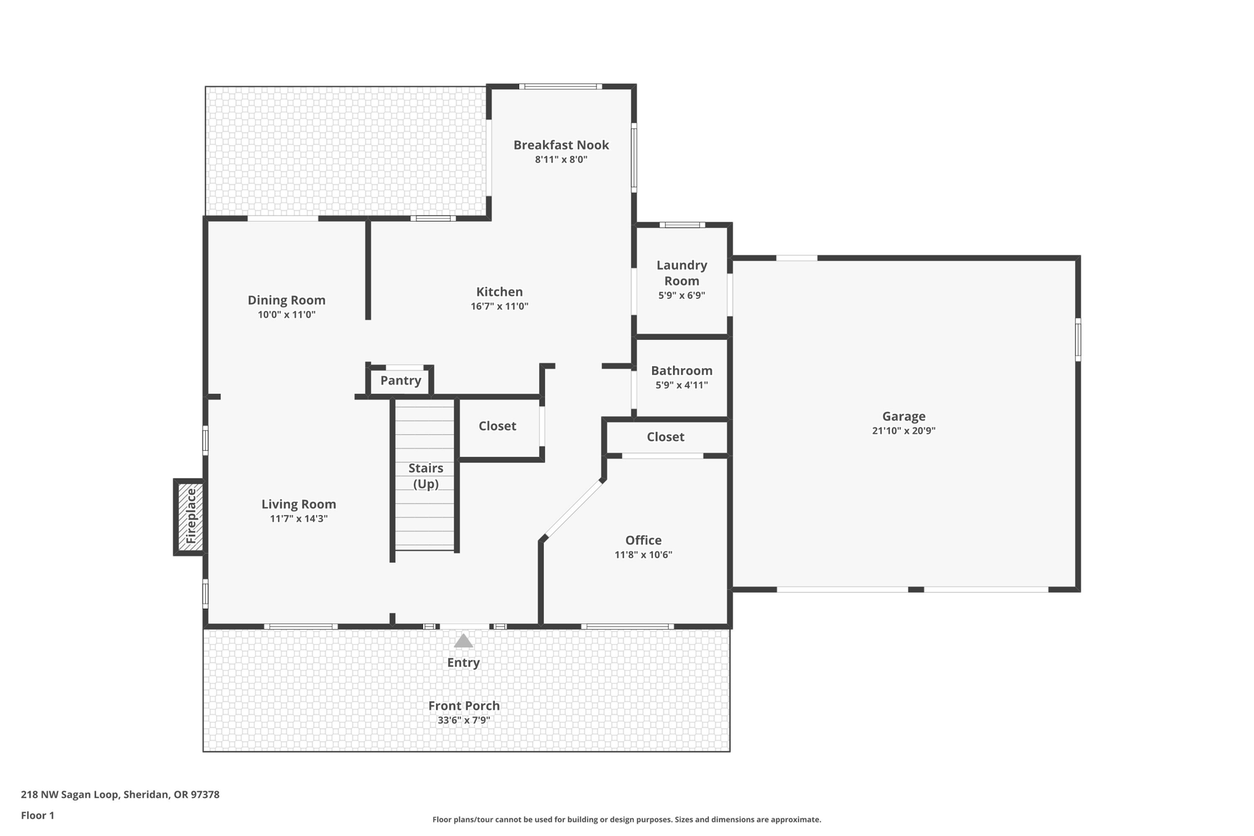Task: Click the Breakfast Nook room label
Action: pyautogui.click(x=561, y=145)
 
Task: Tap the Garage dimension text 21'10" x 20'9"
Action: pyautogui.click(x=903, y=431)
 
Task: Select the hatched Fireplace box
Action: pyautogui.click(x=190, y=516)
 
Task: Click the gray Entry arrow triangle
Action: pyautogui.click(x=464, y=641)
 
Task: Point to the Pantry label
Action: pyautogui.click(x=400, y=381)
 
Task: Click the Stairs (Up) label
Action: pyautogui.click(x=426, y=476)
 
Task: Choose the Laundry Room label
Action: pyautogui.click(x=681, y=273)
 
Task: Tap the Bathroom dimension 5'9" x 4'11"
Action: pyautogui.click(x=681, y=385)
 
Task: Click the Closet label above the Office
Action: pyautogui.click(x=665, y=437)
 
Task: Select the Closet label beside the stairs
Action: pyautogui.click(x=497, y=426)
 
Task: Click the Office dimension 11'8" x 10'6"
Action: pyautogui.click(x=643, y=555)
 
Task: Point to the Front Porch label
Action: pyautogui.click(x=464, y=706)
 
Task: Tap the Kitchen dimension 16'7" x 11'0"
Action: pyautogui.click(x=499, y=306)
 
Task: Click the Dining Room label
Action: pyautogui.click(x=286, y=300)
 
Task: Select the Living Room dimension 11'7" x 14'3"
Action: pyautogui.click(x=298, y=519)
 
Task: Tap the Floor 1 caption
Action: pyautogui.click(x=37, y=815)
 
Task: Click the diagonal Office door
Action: pyautogui.click(x=573, y=510)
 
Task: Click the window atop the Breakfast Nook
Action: pyautogui.click(x=560, y=86)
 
